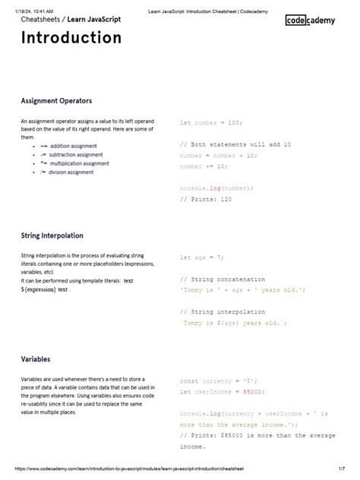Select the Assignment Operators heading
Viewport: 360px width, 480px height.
tap(56, 100)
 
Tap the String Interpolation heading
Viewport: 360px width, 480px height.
tap(52, 235)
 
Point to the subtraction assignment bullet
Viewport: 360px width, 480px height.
tap(71, 154)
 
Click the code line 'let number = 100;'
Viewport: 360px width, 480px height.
tap(210, 122)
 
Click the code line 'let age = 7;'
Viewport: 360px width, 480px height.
tap(201, 257)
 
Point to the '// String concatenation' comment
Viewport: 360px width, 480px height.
tap(223, 279)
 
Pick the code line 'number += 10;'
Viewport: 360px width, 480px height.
tap(203, 166)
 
